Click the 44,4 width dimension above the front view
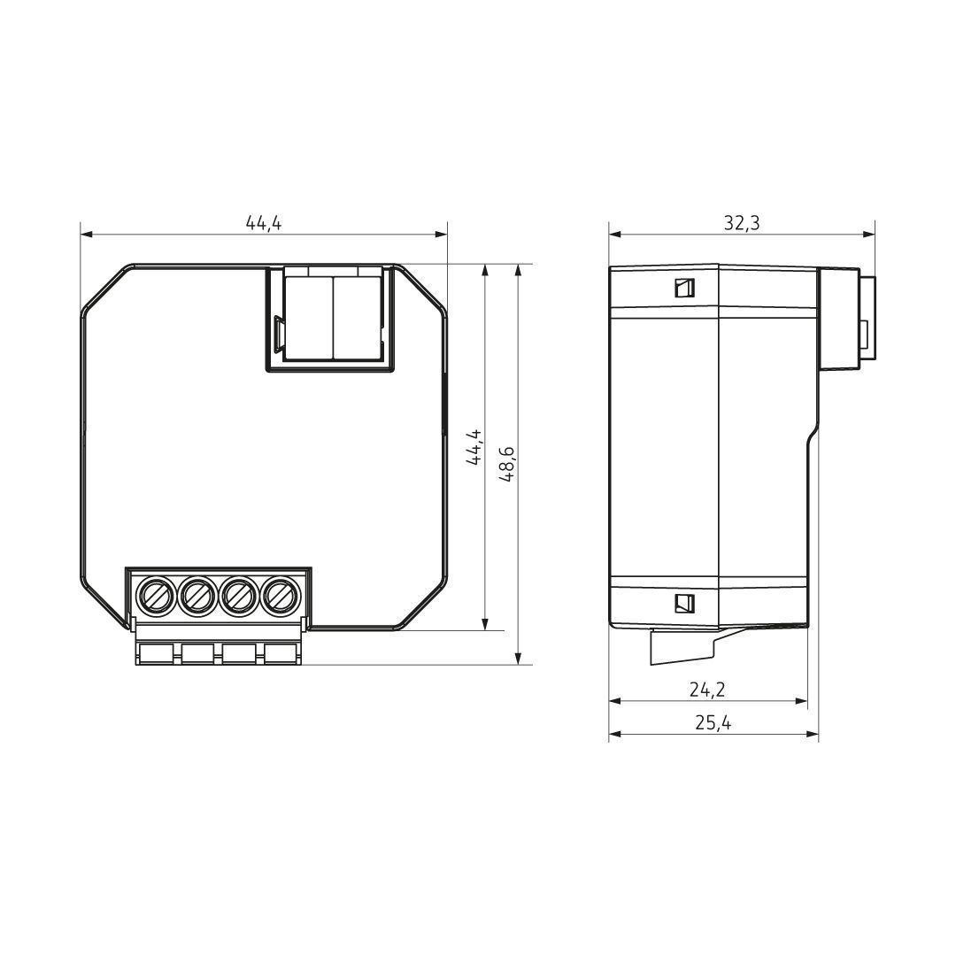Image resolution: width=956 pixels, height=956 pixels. point(264,223)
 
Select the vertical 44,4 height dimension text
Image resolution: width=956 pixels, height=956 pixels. point(474,447)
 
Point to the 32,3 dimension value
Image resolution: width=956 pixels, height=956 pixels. point(741,223)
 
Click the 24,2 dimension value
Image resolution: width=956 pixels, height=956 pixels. point(713,690)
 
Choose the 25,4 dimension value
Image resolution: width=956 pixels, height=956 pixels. point(713,723)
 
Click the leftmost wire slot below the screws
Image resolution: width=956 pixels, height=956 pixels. point(157,653)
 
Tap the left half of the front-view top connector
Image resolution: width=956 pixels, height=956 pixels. point(307,316)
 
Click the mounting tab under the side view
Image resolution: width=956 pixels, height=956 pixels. point(682,646)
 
